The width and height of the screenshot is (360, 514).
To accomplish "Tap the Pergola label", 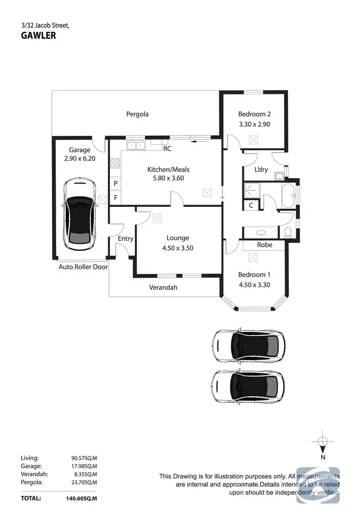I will (x=137, y=114).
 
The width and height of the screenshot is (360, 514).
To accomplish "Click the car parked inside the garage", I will (x=80, y=214).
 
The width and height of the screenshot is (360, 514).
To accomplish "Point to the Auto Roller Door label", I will (x=83, y=267).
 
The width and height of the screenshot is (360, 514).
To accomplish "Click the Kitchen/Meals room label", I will (x=168, y=169).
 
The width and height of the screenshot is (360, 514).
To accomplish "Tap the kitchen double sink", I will (x=135, y=145).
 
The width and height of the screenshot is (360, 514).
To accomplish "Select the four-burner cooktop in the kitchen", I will (x=115, y=163).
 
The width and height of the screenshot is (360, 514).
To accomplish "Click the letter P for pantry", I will (x=116, y=184).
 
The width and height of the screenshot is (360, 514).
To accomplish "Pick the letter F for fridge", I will (x=116, y=197).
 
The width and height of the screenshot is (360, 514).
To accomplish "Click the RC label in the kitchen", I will (x=167, y=149).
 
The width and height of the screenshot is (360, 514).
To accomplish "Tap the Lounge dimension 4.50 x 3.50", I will (x=178, y=248).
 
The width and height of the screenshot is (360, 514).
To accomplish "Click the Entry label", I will (x=125, y=239).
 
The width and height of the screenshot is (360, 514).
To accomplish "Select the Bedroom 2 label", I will (x=254, y=114).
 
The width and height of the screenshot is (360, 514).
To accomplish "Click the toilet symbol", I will (x=288, y=232).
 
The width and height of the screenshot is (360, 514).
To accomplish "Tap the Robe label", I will (x=264, y=245).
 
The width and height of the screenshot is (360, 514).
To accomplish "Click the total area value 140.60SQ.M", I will (x=81, y=498).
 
